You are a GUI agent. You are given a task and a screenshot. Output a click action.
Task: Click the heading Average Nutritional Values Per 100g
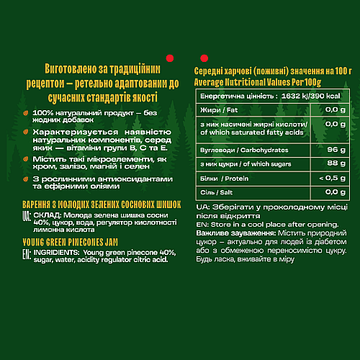259,81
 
